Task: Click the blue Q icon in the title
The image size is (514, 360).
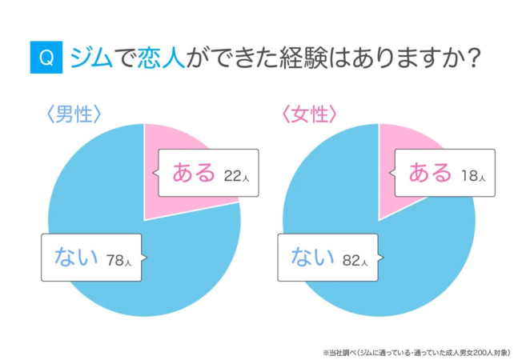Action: (46, 58)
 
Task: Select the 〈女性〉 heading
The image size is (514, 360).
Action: (307, 114)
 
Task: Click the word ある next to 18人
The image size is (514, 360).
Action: (432, 173)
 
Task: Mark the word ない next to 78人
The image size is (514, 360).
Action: (77, 257)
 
